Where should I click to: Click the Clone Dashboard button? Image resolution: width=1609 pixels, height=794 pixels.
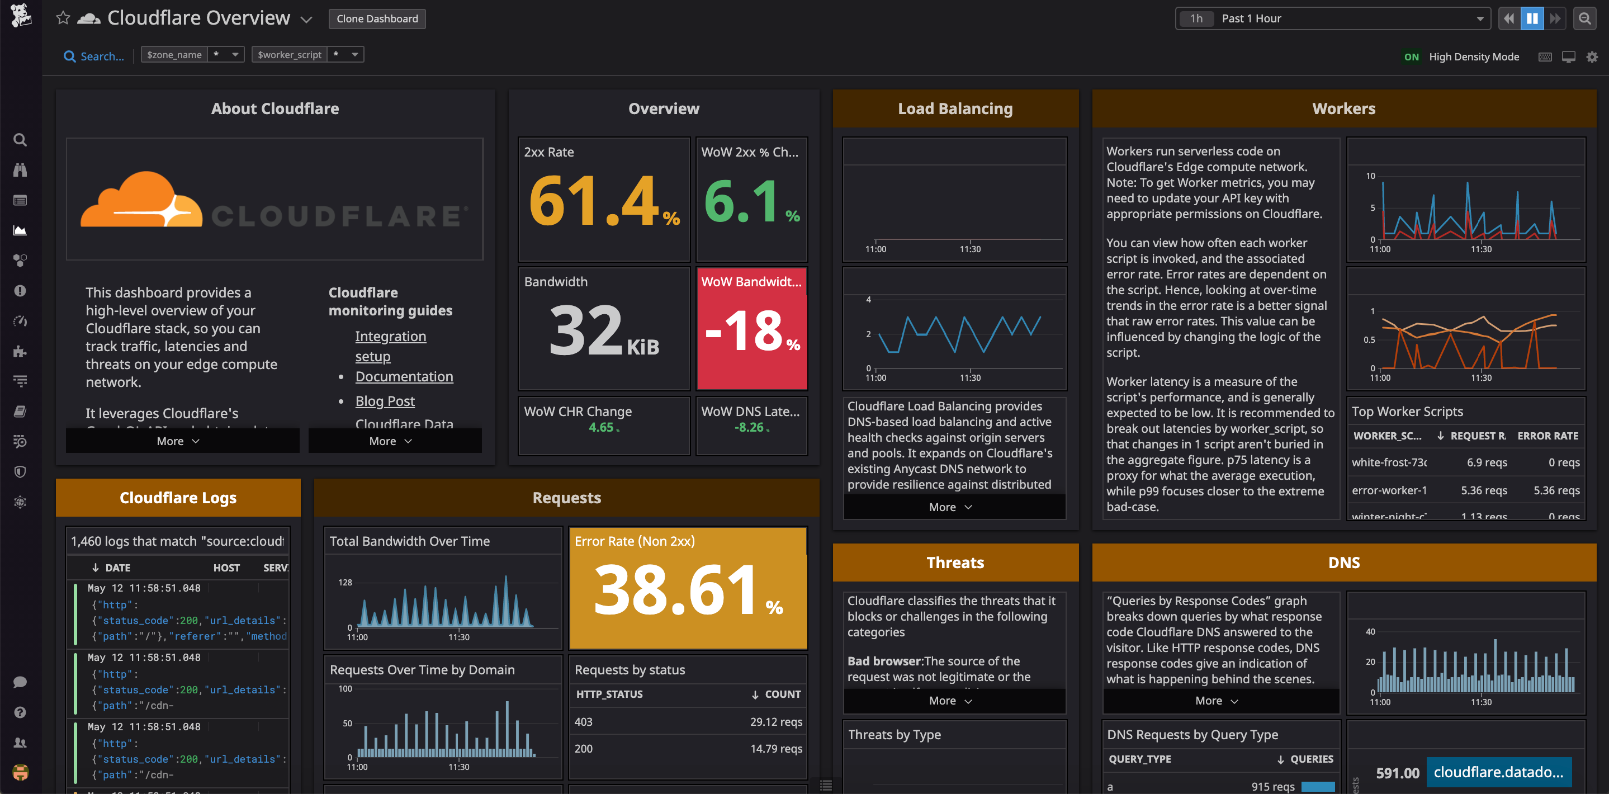377,19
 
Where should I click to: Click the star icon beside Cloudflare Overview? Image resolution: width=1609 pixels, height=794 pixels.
63,18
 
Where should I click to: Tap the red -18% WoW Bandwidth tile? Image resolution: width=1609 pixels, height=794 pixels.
751,330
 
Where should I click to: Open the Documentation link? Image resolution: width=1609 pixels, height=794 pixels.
404,377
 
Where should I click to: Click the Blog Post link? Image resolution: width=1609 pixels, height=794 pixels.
385,401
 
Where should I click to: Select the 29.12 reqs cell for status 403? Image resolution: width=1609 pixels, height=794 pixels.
776,721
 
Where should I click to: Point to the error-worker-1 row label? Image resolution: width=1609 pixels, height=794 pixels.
1389,490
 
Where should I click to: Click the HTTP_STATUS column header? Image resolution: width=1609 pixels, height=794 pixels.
609,694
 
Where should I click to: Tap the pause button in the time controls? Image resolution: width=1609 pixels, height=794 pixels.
1531,19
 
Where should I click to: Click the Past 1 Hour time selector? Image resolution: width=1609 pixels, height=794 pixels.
1331,19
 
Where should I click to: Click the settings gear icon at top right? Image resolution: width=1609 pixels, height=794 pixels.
1592,57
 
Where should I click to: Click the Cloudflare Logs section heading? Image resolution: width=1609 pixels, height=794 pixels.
178,498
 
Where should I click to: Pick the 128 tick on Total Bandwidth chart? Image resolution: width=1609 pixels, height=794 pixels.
345,582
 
